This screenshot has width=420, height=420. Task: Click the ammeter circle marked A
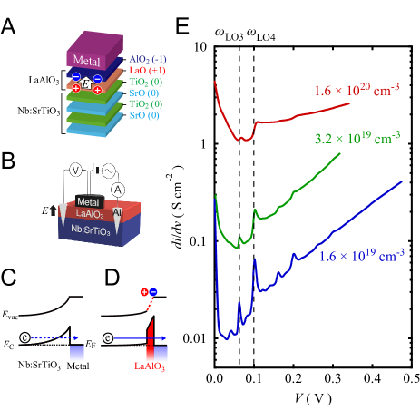click(117, 189)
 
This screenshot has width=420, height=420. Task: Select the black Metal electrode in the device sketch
click(87, 201)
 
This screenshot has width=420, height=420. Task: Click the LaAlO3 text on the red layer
click(89, 213)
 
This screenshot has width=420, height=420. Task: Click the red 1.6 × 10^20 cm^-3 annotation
click(357, 91)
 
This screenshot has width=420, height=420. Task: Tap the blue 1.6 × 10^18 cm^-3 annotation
click(361, 257)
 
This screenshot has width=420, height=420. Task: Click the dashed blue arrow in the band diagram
click(49, 338)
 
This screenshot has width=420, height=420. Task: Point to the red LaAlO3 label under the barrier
click(150, 367)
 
